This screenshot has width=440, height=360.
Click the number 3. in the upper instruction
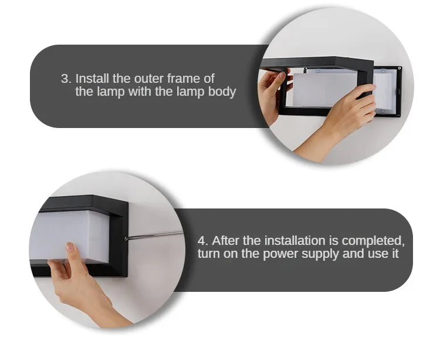click(66, 79)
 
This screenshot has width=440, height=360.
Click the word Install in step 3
click(92, 78)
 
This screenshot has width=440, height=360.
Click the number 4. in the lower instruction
click(203, 241)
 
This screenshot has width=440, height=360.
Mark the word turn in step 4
click(208, 254)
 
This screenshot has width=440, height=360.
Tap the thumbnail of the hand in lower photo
click(70, 247)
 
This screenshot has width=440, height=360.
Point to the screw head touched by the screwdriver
click(126, 238)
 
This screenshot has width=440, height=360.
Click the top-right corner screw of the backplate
click(400, 68)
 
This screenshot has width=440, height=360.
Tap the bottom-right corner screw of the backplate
click(398, 115)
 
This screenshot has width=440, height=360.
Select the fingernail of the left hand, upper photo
click(282, 75)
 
